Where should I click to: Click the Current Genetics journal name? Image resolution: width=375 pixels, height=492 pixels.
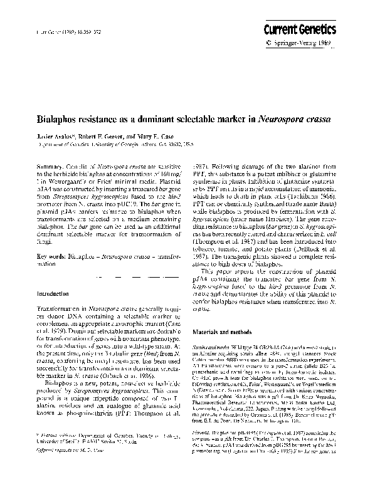point(309,30)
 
